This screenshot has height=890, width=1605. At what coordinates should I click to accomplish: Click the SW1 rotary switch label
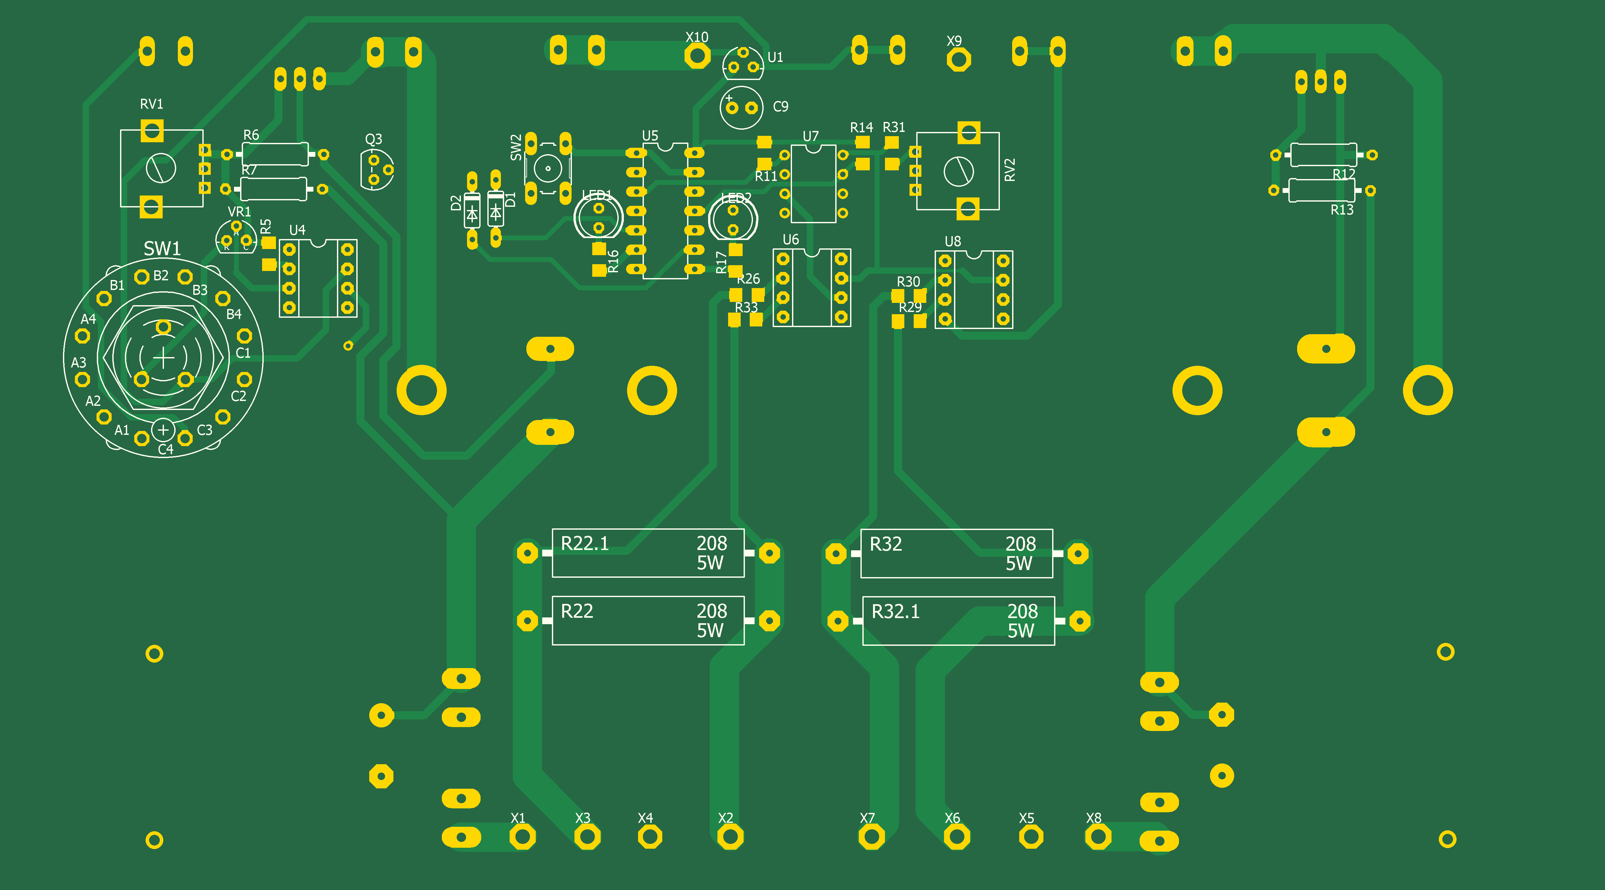(x=162, y=248)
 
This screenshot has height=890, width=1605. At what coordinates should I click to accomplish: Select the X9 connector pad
(x=958, y=60)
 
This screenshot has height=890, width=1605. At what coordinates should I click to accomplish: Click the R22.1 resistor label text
(x=584, y=544)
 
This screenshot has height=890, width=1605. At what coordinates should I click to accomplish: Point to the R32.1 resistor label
(x=895, y=612)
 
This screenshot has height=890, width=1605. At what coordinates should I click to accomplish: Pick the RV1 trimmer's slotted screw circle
(x=161, y=168)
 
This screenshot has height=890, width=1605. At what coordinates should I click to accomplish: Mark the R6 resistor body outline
(x=275, y=154)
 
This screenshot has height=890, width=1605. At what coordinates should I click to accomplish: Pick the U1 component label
(x=775, y=57)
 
